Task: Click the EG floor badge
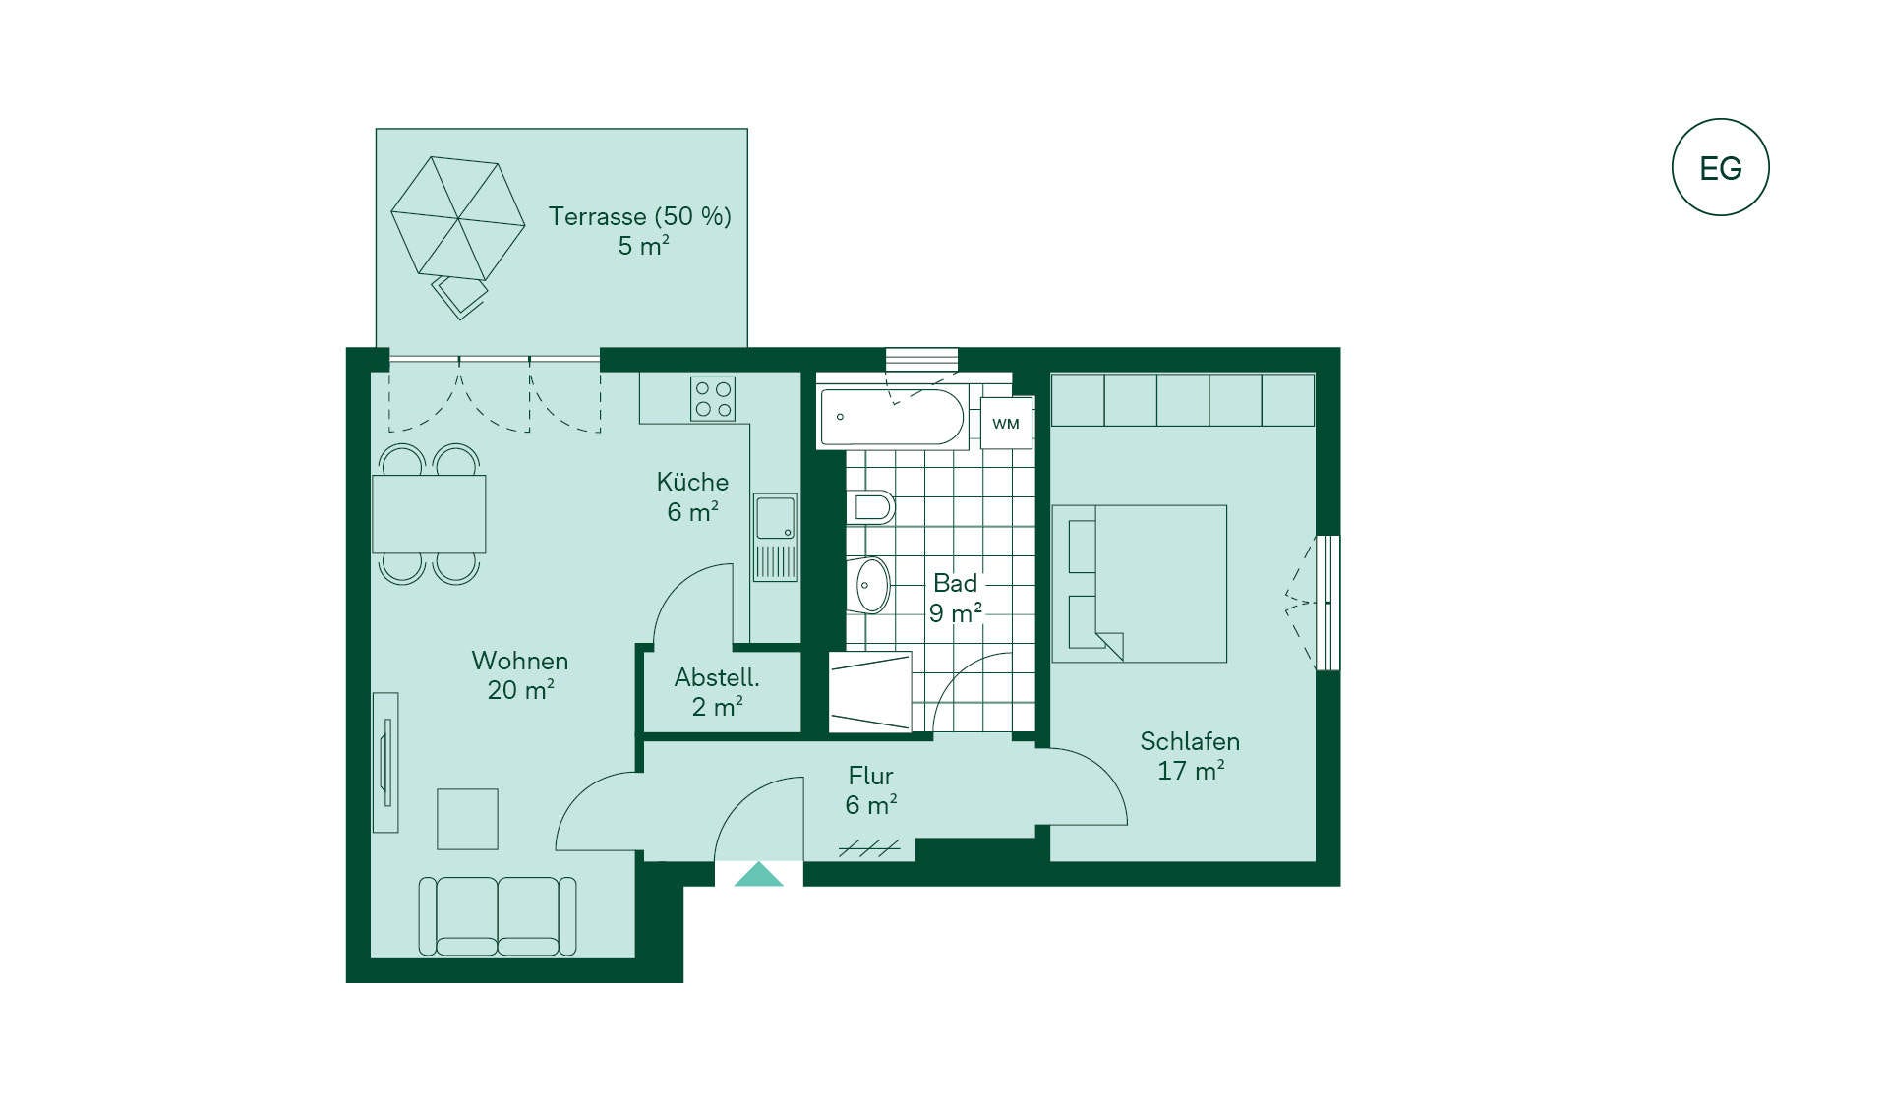pos(1720,167)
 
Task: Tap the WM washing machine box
pos(1006,424)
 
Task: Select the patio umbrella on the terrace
pos(458,218)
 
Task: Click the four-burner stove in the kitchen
pos(713,399)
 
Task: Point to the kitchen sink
pos(776,537)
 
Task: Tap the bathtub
pos(893,417)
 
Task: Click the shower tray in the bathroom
pos(870,692)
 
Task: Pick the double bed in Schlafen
pos(1140,584)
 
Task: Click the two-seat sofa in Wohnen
pos(498,916)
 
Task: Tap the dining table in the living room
pos(429,514)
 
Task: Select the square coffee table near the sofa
pos(467,819)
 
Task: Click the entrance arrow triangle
pos(758,874)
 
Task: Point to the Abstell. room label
pos(717,692)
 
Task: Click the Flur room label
pos(871,790)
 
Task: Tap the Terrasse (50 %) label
pos(640,216)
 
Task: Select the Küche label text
pos(692,482)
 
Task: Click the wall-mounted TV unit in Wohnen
pos(385,763)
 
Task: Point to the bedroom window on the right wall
pos(1327,603)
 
